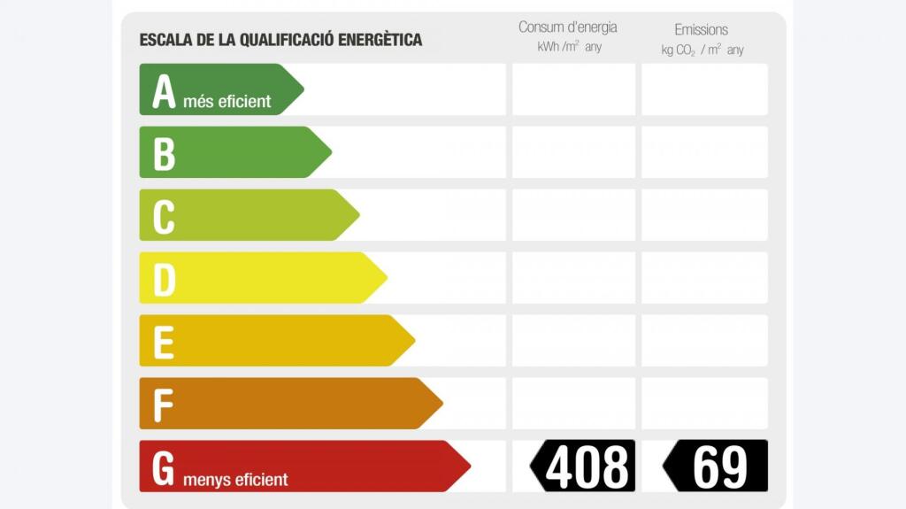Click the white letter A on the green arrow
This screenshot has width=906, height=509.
164,92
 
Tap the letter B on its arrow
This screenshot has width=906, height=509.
164,154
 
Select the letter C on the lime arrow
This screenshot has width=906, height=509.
164,217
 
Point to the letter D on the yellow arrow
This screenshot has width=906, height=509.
164,280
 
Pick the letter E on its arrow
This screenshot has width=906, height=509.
164,343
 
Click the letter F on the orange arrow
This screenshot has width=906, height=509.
163,405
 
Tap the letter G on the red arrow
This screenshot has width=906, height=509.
163,468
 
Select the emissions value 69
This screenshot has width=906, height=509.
719,467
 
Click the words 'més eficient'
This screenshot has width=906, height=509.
227,101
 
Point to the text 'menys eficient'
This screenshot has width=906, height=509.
235,480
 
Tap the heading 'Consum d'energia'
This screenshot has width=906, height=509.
568,27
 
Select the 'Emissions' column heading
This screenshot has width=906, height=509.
701,29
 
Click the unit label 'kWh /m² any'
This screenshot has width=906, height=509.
569,47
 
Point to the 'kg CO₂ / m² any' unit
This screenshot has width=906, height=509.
703,50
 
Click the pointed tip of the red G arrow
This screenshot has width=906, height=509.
468,466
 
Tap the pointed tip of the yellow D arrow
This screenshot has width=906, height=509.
385,278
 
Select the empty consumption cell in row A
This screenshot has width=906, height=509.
573,89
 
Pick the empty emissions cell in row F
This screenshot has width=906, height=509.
704,404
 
